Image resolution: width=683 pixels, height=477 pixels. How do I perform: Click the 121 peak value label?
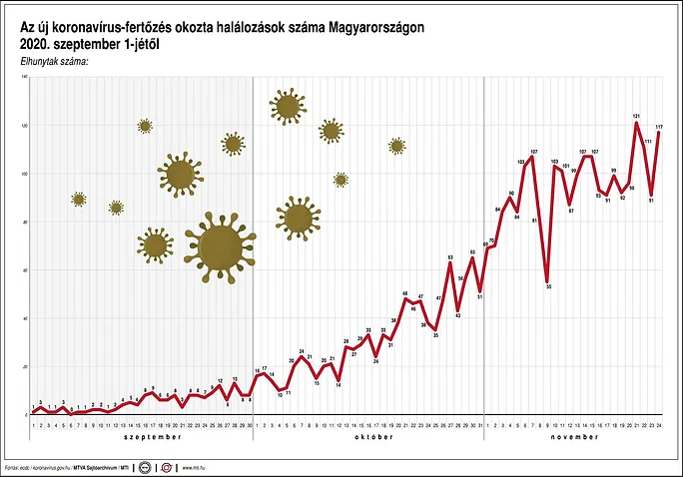tap(636, 117)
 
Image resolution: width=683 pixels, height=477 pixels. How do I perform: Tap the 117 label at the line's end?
tap(660, 127)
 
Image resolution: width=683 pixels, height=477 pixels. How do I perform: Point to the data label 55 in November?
tap(549, 286)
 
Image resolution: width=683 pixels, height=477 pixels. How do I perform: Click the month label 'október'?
tap(367, 437)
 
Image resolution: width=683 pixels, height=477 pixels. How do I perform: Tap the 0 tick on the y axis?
tap(24, 414)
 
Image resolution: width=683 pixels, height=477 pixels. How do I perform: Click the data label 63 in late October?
tap(450, 257)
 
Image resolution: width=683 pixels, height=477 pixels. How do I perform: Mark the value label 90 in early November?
tap(511, 193)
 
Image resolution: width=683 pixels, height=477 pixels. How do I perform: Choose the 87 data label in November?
tap(571, 211)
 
